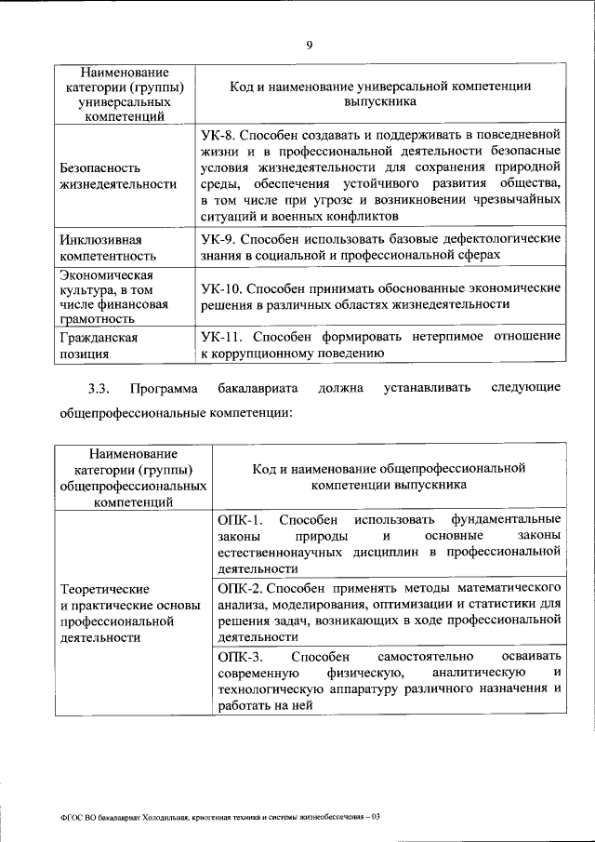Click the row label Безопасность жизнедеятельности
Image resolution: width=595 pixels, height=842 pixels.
click(x=118, y=176)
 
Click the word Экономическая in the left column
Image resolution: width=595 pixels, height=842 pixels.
click(x=107, y=274)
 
